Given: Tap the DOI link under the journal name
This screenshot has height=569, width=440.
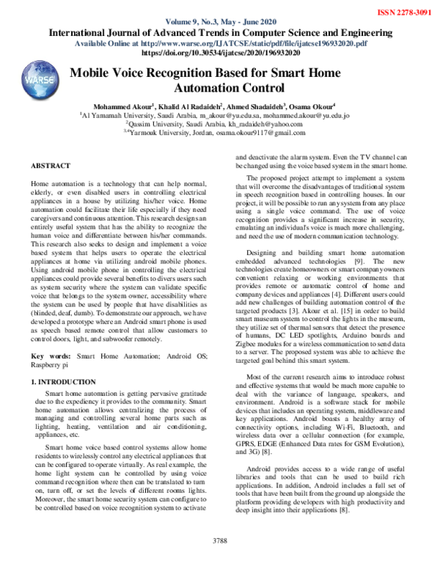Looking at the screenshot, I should pyautogui.click(x=220, y=54).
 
